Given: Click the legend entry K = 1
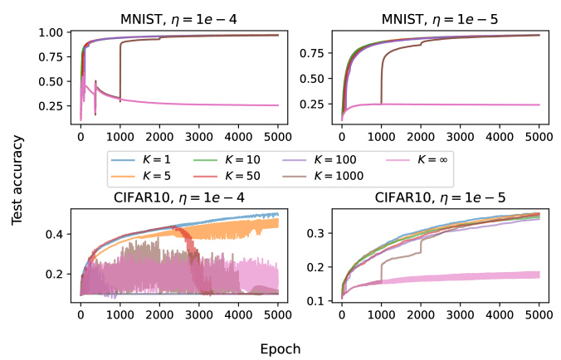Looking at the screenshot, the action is pos(141,160).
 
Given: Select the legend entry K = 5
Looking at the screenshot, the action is pos(141,176).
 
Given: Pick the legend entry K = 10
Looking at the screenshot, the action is pos(227,160).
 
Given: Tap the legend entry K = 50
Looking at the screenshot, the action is pos(227,176).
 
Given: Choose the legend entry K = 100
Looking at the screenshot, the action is pos(320,160).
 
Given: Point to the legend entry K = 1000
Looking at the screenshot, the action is pos(323,176).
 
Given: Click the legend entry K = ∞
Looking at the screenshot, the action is pos(417,160).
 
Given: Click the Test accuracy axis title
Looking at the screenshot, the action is pos(17,180).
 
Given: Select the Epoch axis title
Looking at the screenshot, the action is pos(280,349).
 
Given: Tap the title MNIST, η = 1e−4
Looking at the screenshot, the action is pos(178,19).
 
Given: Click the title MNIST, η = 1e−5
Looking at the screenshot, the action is pos(440,19).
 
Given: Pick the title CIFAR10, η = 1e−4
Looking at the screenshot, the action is pos(179,197).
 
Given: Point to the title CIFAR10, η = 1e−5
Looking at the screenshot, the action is pos(440,197).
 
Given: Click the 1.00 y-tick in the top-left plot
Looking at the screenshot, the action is pos(51,32).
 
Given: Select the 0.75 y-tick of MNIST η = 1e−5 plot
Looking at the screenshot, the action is pos(312,53).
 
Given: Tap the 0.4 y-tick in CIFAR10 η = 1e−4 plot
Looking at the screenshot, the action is pos(54,235).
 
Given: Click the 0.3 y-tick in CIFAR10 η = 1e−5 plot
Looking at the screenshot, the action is pos(315,233).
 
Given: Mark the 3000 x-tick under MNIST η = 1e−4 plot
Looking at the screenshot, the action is pos(199,137).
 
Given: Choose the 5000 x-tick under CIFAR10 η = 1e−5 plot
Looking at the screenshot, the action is pos(539,314).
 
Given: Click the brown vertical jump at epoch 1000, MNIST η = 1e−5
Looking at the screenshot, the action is pos(382,81).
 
